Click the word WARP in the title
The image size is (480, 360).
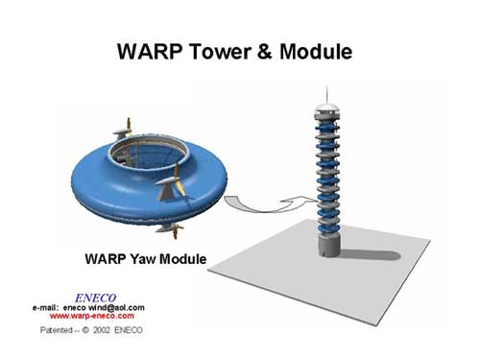point(150,52)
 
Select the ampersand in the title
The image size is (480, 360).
point(265,52)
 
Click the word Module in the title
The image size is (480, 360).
point(316,52)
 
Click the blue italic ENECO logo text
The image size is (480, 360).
point(95,299)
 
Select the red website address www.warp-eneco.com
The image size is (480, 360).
point(92,316)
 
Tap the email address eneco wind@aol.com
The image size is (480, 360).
point(104,308)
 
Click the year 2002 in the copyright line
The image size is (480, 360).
point(102,330)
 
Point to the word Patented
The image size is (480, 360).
point(57,330)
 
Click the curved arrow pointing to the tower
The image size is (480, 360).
point(269,204)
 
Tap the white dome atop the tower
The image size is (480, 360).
point(326,108)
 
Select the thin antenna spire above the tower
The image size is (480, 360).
point(326,94)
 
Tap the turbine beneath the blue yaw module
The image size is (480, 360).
point(170,230)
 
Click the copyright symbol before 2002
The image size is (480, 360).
point(85,330)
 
